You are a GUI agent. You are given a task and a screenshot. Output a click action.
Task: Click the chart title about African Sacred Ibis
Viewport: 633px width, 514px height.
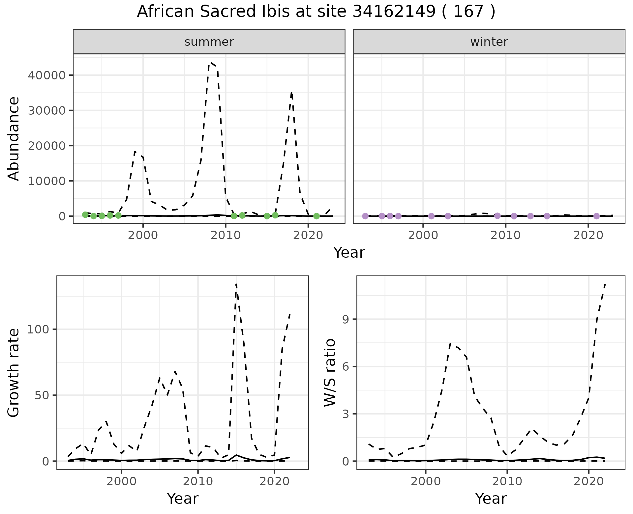click(316, 12)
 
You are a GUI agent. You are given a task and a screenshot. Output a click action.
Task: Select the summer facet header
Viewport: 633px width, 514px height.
click(209, 42)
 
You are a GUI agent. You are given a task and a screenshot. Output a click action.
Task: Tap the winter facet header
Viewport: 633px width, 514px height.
click(489, 42)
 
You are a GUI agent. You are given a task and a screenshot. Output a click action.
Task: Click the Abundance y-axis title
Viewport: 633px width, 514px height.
click(14, 138)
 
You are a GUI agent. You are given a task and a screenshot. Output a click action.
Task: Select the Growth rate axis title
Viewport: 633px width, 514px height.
click(14, 372)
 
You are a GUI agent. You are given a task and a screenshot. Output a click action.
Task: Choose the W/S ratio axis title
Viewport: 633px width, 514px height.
click(330, 372)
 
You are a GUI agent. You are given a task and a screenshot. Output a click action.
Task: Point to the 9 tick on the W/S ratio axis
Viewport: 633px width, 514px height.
click(346, 319)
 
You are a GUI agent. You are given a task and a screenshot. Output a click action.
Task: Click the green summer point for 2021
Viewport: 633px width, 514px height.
click(316, 216)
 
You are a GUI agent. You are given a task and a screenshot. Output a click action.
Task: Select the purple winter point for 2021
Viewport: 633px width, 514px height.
click(596, 216)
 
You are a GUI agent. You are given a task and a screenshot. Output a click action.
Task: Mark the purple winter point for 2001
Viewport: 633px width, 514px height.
click(431, 216)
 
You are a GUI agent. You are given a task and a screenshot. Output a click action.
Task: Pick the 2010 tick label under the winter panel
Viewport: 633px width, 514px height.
click(505, 235)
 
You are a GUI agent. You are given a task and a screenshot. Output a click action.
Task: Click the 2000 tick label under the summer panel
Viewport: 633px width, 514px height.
click(143, 235)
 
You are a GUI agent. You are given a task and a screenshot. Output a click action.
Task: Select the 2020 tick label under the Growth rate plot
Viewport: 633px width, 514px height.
click(274, 481)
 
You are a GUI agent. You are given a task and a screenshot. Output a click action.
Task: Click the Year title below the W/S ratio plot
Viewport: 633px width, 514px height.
click(491, 499)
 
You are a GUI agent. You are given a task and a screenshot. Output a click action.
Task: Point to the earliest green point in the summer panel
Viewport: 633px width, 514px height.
click(85, 215)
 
